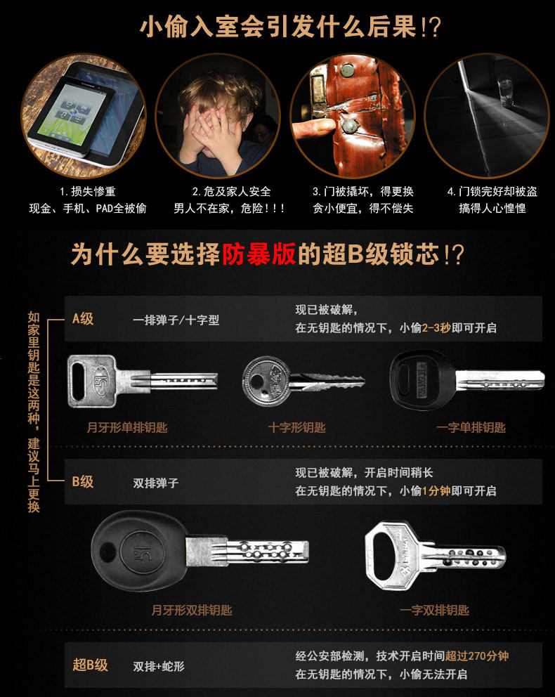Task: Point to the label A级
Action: pos(83,318)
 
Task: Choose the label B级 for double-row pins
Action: pos(83,481)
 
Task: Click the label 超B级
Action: pos(90,665)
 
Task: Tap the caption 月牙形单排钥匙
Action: pos(126,427)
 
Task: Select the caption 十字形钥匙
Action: pos(296,427)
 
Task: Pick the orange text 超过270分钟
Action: pos(477,656)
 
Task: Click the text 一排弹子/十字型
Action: pos(176,320)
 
